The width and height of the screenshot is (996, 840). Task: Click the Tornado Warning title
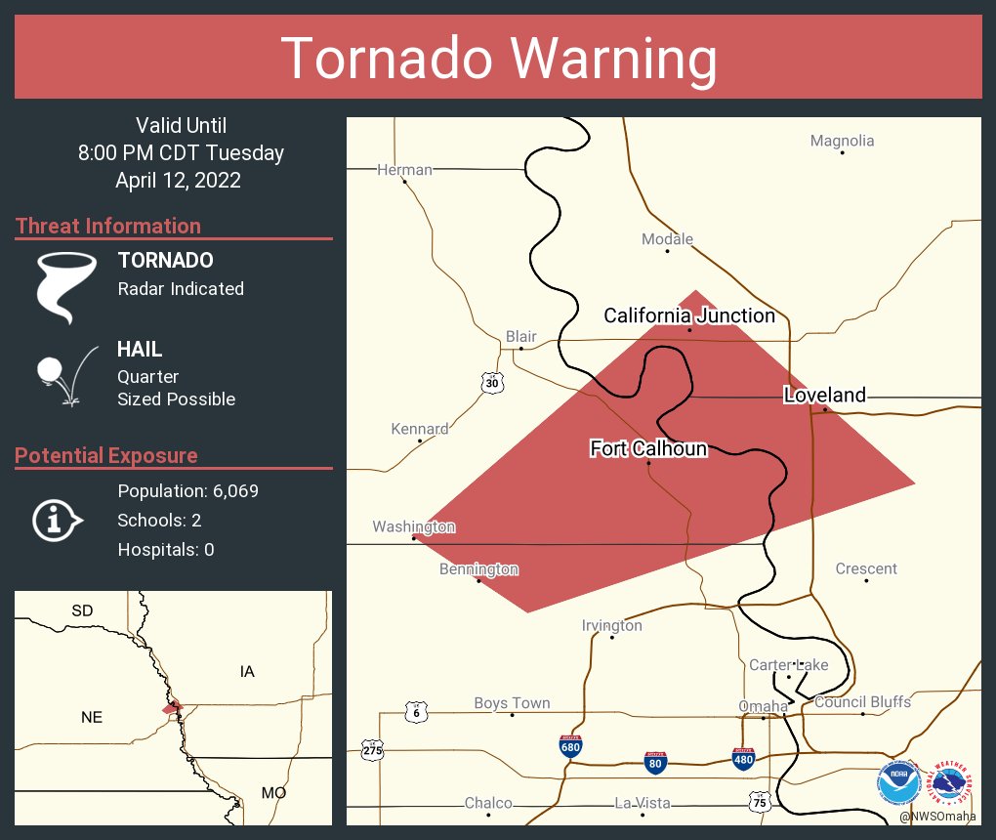tap(498, 58)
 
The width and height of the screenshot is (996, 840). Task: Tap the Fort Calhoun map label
tap(648, 448)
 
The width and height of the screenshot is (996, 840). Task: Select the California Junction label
tap(689, 315)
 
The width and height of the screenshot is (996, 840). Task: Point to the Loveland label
tap(824, 395)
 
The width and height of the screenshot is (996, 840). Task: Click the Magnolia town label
tap(842, 141)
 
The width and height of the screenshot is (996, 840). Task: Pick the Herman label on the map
tap(404, 170)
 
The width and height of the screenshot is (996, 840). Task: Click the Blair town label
tap(520, 337)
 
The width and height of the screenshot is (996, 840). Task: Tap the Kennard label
tap(420, 429)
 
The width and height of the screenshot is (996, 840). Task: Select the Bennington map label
tap(478, 569)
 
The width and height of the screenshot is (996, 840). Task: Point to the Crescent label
tap(866, 569)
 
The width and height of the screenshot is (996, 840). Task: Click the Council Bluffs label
tap(862, 702)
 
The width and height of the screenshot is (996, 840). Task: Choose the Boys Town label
tap(512, 703)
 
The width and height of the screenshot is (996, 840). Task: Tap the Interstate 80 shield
tap(657, 763)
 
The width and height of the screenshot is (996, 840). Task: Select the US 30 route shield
tap(493, 384)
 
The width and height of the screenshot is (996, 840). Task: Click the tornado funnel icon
tap(66, 286)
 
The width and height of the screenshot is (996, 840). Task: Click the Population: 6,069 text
tap(187, 490)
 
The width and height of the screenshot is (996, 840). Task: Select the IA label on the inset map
tap(247, 671)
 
